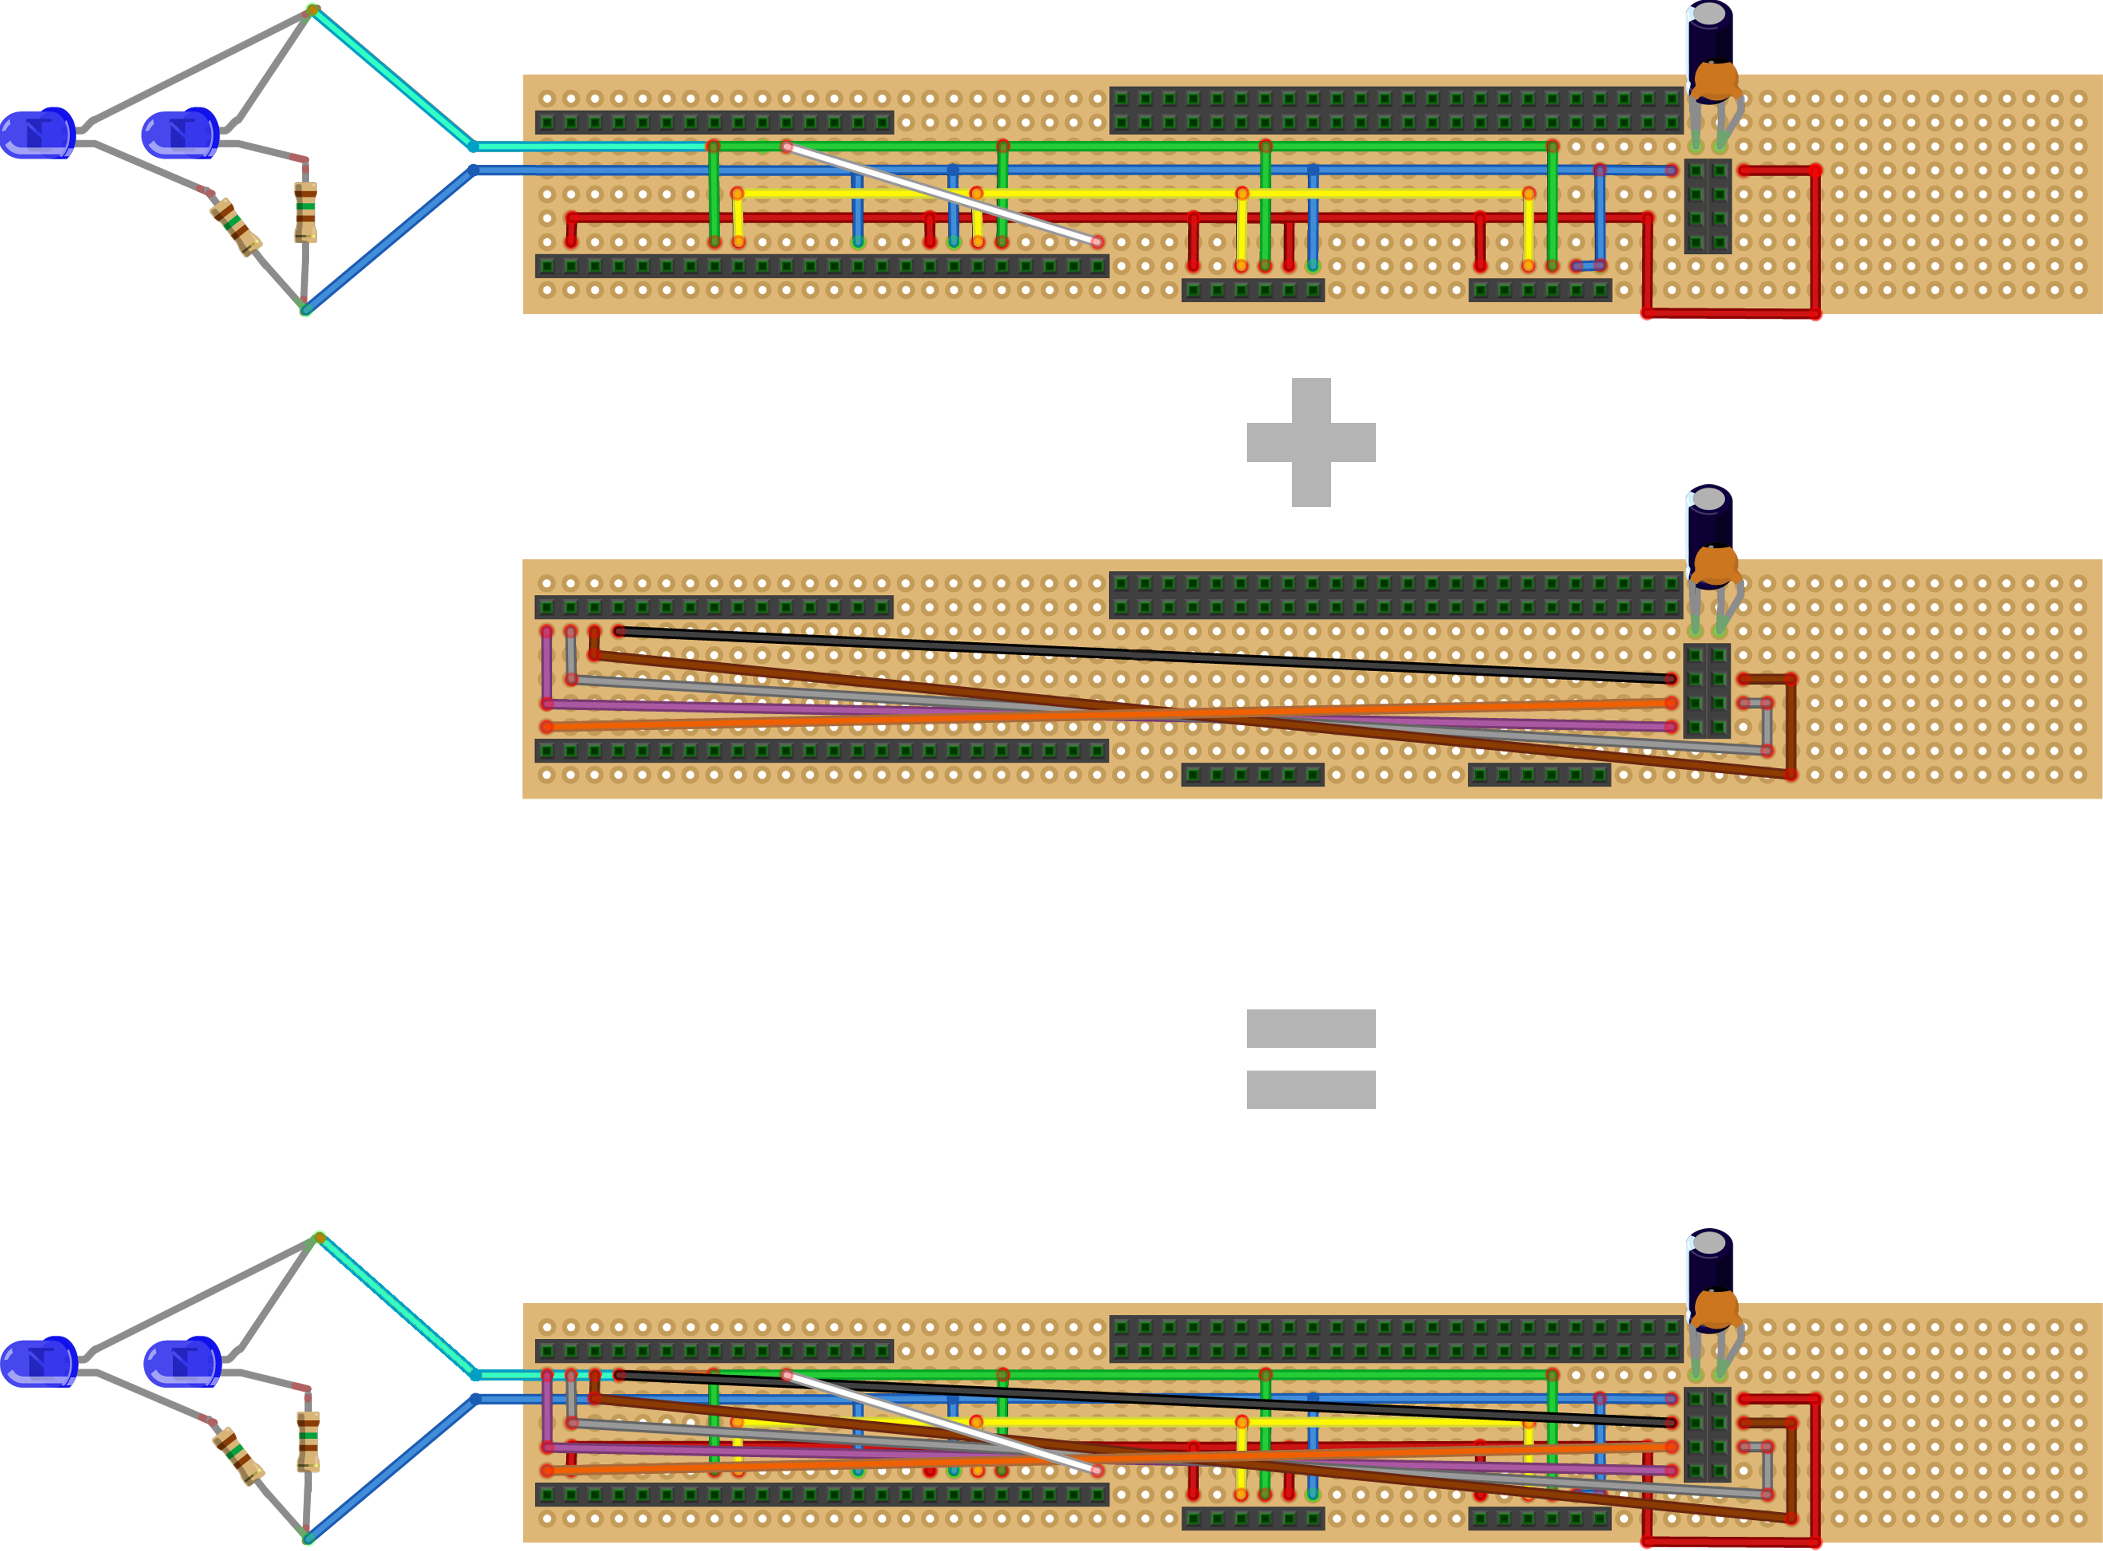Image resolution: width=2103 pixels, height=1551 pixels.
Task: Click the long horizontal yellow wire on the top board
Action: point(1127,194)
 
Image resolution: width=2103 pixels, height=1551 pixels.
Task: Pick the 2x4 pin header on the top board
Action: point(1707,207)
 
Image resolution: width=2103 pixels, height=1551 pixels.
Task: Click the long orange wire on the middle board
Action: point(1108,715)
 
